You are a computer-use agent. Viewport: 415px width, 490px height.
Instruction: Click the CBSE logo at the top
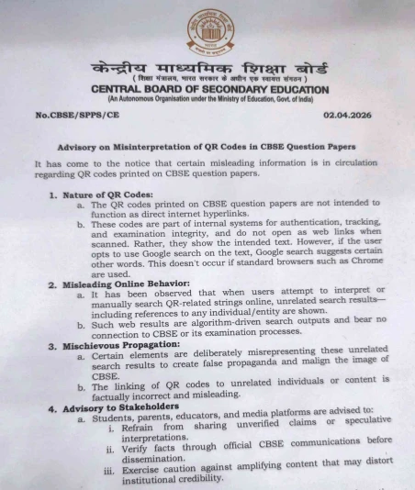(210, 31)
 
